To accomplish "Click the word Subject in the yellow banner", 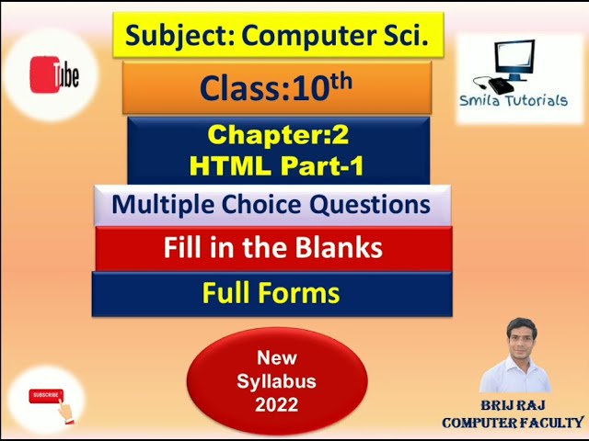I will (x=167, y=35).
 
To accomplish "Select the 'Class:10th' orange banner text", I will (x=276, y=87).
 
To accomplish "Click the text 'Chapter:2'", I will (x=278, y=134).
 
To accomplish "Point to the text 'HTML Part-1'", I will (x=278, y=165).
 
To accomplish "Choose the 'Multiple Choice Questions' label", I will (x=271, y=205).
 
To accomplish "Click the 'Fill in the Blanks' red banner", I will (x=272, y=248).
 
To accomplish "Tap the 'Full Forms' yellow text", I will (x=271, y=293).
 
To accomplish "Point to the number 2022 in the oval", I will (x=277, y=405).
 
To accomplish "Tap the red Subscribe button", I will (x=45, y=396).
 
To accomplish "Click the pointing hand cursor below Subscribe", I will (x=64, y=413).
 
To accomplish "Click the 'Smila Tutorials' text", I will (x=514, y=101).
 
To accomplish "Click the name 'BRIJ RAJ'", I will (x=514, y=405).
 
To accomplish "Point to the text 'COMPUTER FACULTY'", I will (x=513, y=423).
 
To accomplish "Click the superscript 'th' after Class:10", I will (x=341, y=79).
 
